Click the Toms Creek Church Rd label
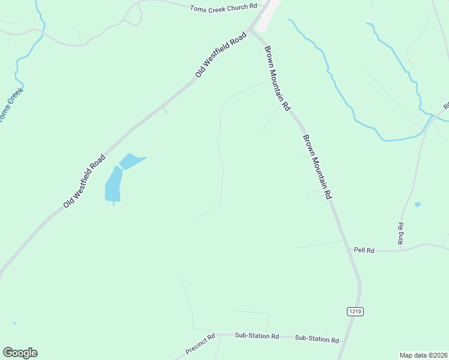[x=223, y=7]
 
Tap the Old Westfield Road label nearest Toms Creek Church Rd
[x=221, y=55]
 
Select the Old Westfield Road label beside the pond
[x=85, y=181]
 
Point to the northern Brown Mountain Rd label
[x=278, y=78]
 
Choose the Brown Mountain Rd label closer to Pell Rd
[x=317, y=167]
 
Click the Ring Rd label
[x=400, y=233]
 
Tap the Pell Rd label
[x=364, y=250]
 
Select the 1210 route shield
[x=355, y=311]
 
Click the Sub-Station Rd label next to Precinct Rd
[x=257, y=336]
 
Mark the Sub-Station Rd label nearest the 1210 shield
[x=317, y=339]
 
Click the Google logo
[x=20, y=353]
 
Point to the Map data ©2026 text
[x=423, y=355]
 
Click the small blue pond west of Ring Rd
[x=418, y=205]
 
